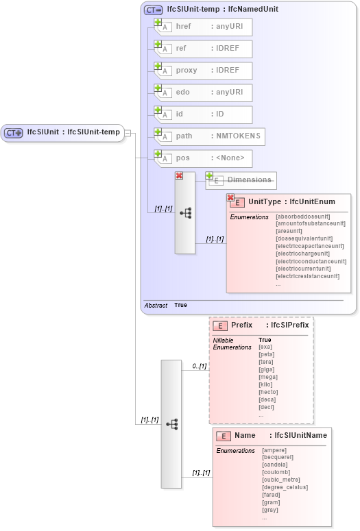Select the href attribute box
point(203,27)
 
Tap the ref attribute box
point(203,49)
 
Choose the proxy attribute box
point(203,71)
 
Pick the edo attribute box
point(203,92)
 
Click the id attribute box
point(203,114)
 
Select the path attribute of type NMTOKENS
point(209,136)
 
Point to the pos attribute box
point(203,158)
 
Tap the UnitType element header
point(288,201)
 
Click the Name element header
point(271,435)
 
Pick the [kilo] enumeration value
point(267,385)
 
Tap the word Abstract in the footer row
point(156,305)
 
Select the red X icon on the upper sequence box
point(179,175)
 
